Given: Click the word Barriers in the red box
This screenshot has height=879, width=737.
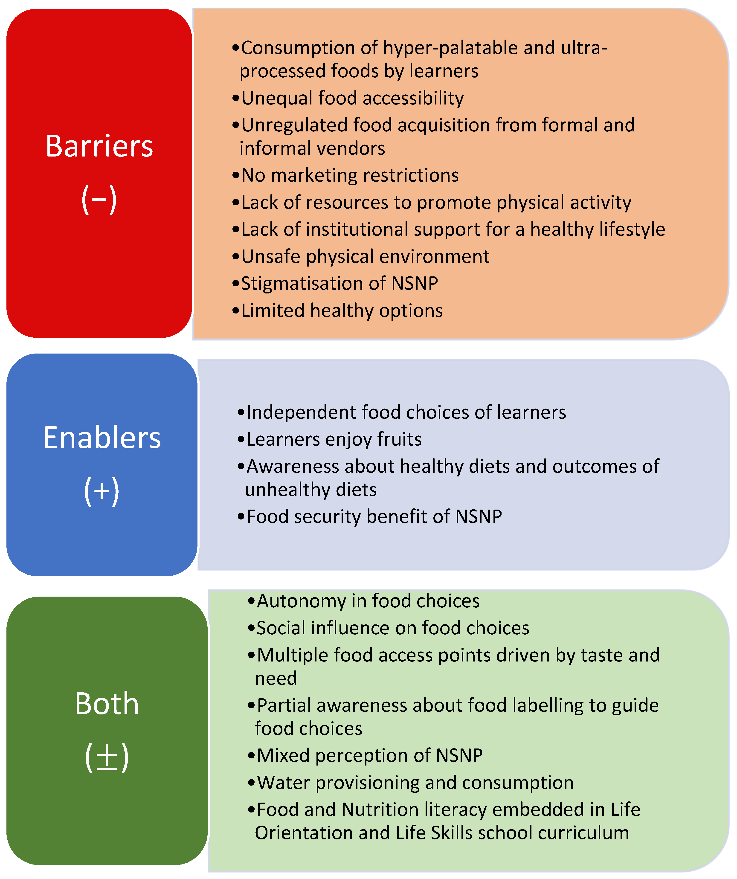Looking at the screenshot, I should pyautogui.click(x=99, y=146).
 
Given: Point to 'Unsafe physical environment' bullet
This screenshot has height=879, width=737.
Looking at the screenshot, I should pyautogui.click(x=365, y=257).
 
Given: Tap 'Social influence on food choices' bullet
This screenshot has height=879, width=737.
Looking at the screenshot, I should pyautogui.click(x=393, y=628).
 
